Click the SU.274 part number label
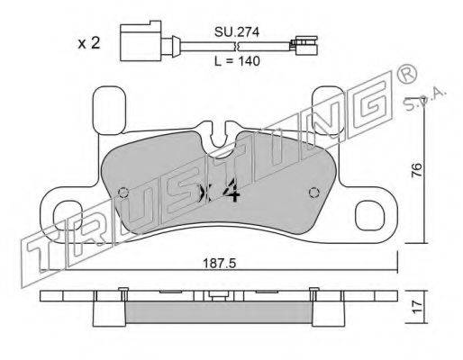coord(237,32)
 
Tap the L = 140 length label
coord(237,61)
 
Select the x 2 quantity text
coord(89,44)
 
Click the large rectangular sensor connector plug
coord(141,40)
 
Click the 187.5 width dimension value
coord(220,264)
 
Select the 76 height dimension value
coord(417,170)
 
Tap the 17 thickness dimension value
coord(417,307)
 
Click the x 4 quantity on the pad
coord(220,193)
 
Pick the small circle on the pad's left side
coord(123,193)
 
